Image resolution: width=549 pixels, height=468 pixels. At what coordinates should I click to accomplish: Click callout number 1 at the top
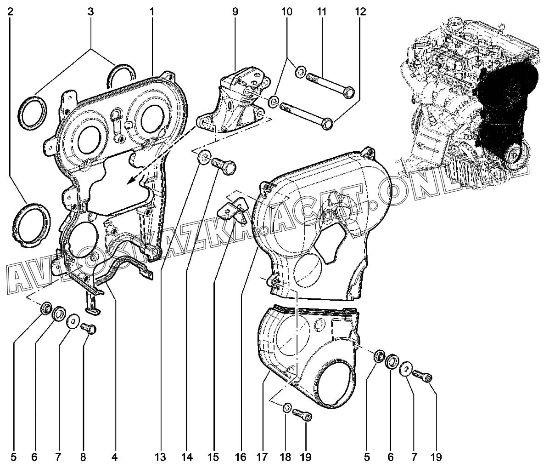click(x=151, y=11)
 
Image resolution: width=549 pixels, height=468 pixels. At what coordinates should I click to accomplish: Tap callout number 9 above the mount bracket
click(x=235, y=11)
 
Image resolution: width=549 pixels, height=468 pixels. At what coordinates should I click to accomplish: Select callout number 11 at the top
click(x=321, y=11)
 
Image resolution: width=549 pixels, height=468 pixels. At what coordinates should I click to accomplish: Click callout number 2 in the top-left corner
click(x=10, y=11)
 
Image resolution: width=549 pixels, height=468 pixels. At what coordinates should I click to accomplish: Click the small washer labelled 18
click(x=287, y=407)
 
